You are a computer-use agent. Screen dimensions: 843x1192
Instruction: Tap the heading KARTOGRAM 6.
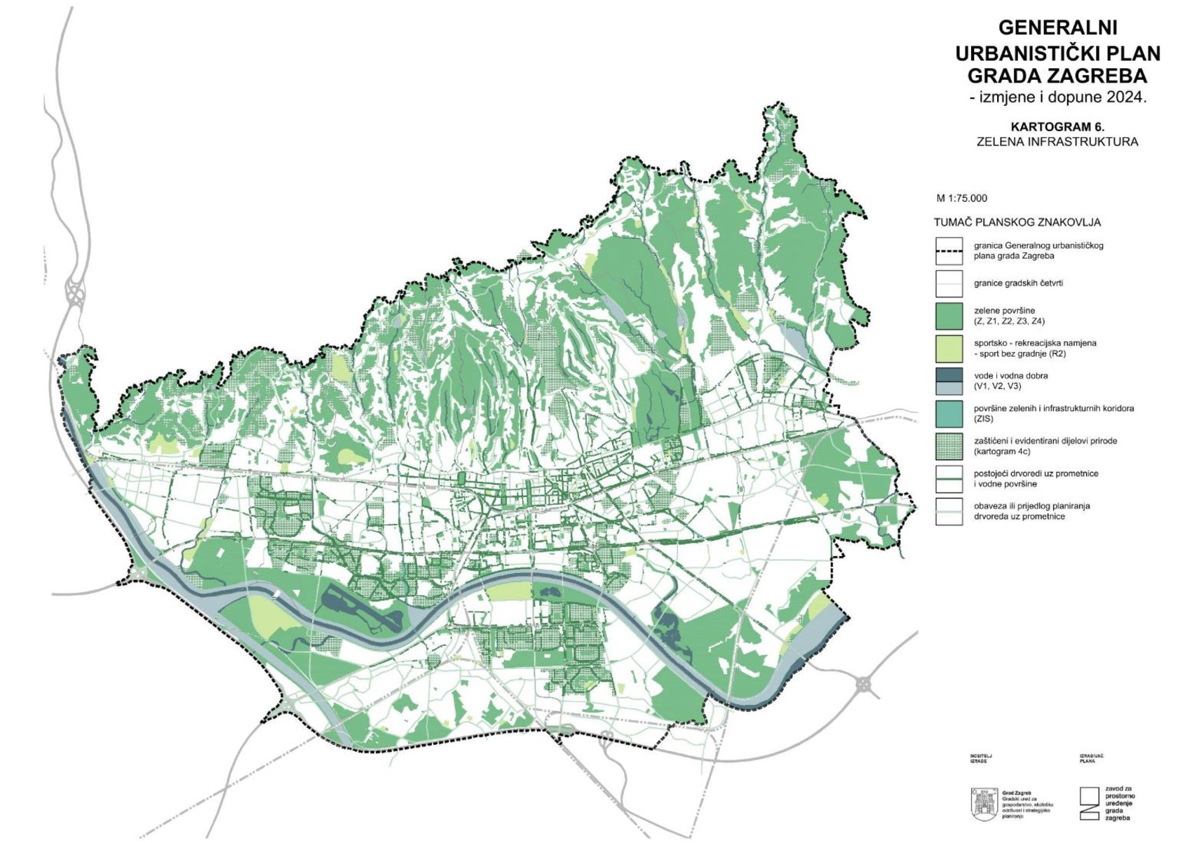coord(1057,127)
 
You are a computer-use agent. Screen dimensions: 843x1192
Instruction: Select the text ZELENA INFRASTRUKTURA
coord(1057,142)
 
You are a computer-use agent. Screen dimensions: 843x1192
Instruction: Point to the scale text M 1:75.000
coord(961,198)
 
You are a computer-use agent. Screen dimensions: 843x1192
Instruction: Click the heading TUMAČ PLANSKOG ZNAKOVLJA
coord(1017,222)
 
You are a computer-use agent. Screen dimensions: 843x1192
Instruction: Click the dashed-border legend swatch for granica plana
coord(949,251)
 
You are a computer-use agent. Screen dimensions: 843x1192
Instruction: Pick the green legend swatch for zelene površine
coord(949,316)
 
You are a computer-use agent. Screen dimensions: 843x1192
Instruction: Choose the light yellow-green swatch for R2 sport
coord(949,349)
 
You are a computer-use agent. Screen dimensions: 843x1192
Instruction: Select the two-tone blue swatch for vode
coord(949,381)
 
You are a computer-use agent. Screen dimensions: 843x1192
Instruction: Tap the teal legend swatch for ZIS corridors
coord(949,414)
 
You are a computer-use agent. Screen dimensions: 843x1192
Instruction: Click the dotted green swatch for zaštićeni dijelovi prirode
coord(949,446)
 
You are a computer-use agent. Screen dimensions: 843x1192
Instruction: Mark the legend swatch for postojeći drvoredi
coord(949,479)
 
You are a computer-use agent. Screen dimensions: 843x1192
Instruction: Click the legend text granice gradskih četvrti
coord(1018,283)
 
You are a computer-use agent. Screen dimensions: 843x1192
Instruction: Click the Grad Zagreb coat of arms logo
coord(984,804)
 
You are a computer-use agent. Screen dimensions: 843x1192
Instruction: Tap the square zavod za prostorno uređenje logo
coord(1089,803)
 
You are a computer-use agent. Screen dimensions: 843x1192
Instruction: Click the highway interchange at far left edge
coord(74,292)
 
